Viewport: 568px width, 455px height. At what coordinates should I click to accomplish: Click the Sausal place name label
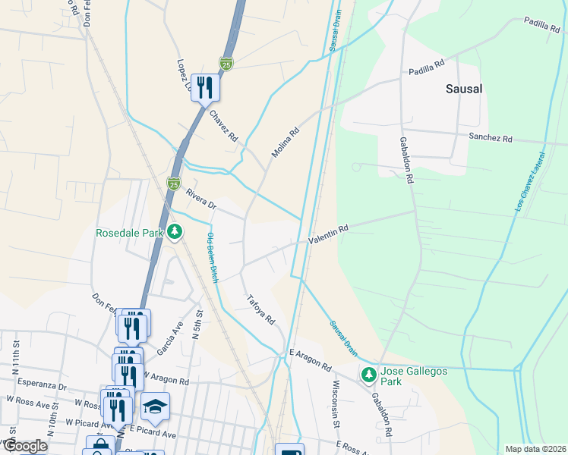[x=463, y=89]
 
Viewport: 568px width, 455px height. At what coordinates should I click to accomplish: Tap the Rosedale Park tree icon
[x=175, y=231]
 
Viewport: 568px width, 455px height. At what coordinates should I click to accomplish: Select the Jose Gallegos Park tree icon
[x=369, y=375]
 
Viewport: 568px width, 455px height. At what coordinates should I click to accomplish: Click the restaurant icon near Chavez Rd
[x=204, y=87]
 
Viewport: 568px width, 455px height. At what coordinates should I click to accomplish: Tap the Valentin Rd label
[x=328, y=234]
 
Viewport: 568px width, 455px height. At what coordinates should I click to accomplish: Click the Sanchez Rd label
[x=491, y=139]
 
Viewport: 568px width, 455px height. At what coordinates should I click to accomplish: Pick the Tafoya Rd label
[x=260, y=310]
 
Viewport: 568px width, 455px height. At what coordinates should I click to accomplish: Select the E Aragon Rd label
[x=310, y=359]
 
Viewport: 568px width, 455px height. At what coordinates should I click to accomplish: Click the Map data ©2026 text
[x=535, y=449]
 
